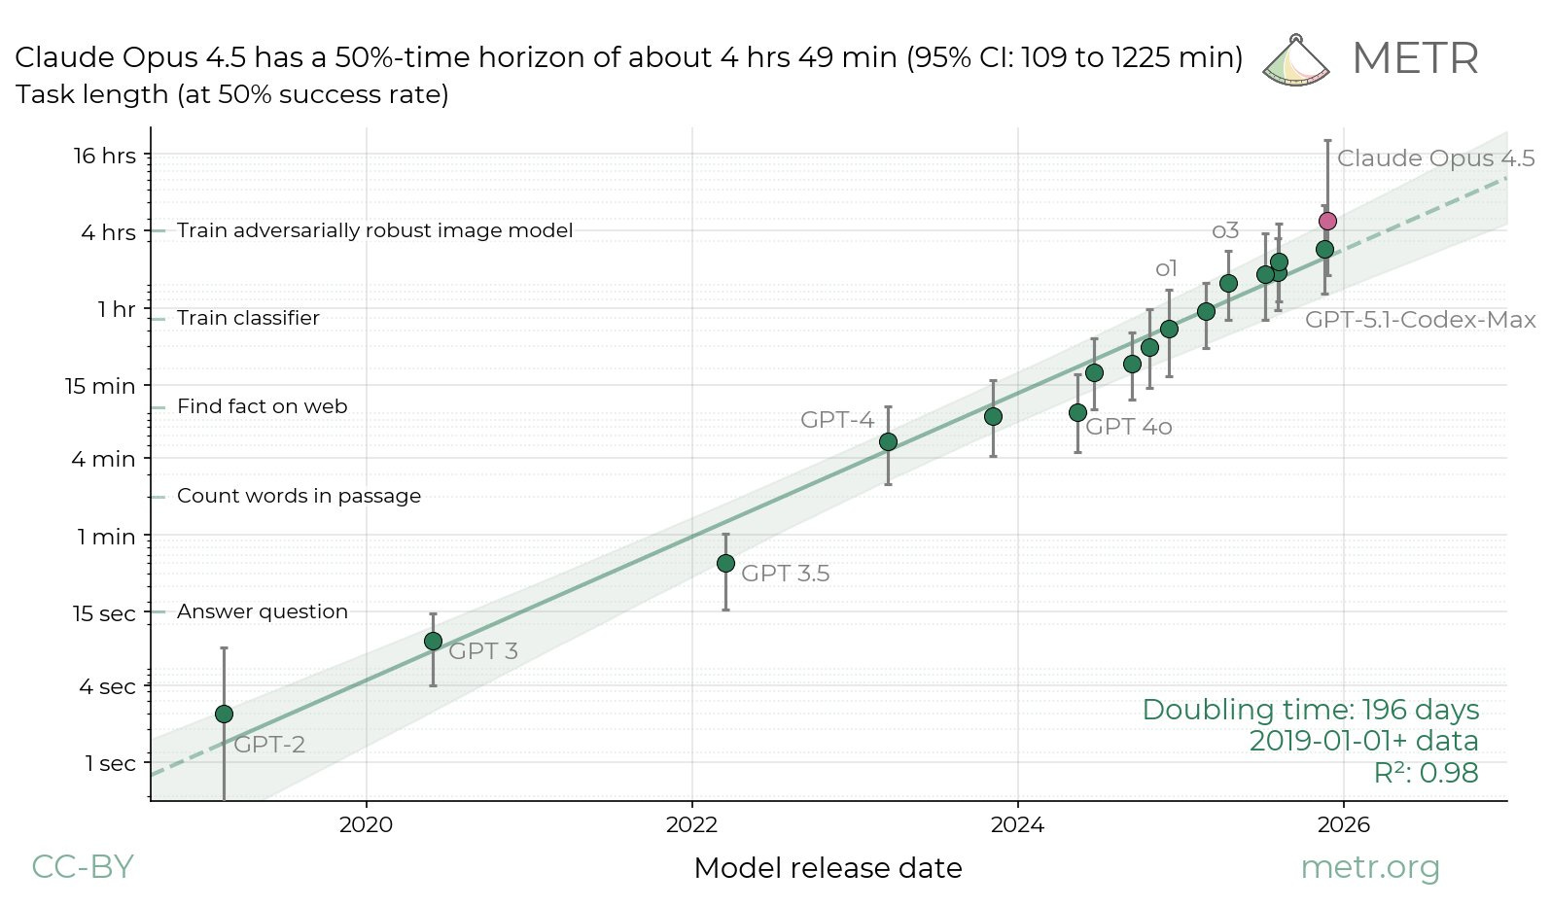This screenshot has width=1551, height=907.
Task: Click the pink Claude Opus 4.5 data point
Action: point(1327,222)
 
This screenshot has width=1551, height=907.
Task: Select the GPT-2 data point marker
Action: point(224,715)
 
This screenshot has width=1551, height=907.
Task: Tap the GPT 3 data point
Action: point(433,642)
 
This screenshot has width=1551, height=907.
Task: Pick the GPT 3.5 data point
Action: point(725,564)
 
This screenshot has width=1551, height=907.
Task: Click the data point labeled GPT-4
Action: point(888,442)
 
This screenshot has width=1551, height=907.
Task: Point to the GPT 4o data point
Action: point(1077,413)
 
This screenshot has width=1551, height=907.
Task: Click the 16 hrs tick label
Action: point(105,156)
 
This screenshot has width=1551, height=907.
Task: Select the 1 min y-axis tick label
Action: point(107,537)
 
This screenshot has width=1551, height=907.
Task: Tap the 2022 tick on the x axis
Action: point(691,825)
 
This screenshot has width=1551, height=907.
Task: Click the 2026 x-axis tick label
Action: point(1343,825)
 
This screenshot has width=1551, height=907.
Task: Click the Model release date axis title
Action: point(828,868)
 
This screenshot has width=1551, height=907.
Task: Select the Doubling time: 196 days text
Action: point(1310,710)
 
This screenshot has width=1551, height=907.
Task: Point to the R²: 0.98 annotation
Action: point(1426,774)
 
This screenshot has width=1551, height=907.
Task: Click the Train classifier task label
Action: point(248,319)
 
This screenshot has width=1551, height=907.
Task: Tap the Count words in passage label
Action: point(299,496)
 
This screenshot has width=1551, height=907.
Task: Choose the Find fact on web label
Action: point(262,406)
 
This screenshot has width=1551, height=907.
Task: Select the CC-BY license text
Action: point(83,867)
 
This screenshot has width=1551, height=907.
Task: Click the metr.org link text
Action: point(1369,867)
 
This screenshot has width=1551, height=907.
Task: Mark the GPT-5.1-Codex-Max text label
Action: point(1420,320)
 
